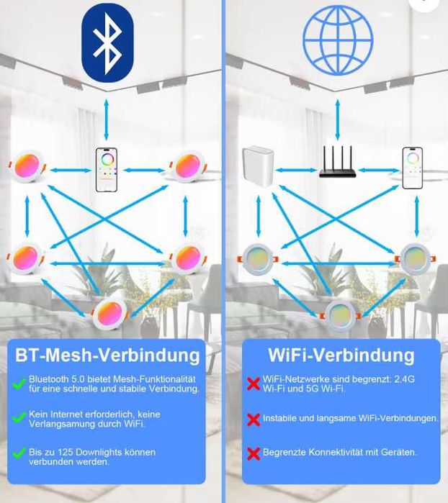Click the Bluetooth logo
[107, 43]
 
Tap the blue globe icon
[338, 40]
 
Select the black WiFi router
[338, 162]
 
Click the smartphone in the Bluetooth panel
[107, 170]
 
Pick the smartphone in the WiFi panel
[413, 168]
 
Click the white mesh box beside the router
[258, 166]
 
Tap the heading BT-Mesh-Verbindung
[107, 355]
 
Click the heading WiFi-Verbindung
[341, 355]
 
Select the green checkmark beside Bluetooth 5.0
[19, 384]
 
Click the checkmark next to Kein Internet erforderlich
[19, 417]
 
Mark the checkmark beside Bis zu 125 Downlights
[19, 453]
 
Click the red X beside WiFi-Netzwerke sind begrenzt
[254, 384]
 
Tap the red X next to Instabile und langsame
[254, 420]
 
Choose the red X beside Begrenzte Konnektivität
[254, 453]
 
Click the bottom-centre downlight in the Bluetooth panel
[109, 314]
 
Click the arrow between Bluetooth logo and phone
[107, 119]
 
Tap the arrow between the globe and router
[338, 119]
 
